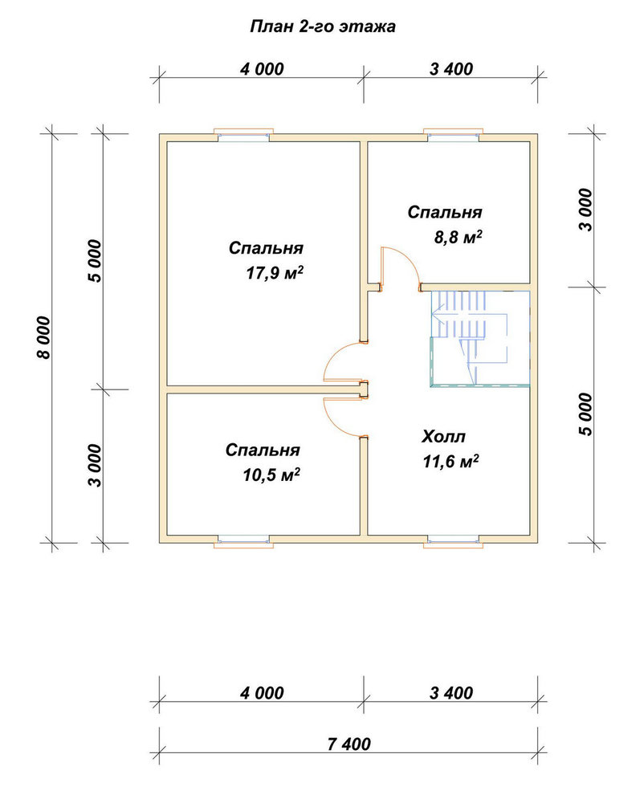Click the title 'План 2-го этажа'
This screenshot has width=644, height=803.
323,26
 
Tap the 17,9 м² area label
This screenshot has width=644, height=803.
275,273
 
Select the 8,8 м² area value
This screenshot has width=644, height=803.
459,238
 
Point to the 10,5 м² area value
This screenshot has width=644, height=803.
271,475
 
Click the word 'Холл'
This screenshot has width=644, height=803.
444,437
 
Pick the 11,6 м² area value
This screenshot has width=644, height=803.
451,462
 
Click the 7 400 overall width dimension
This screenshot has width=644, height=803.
348,744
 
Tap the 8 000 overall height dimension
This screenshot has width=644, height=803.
44,337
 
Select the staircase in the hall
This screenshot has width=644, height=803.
479,338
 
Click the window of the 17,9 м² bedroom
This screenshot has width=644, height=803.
243,134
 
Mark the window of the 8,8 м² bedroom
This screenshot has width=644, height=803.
454,134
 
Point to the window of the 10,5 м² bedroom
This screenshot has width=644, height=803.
243,542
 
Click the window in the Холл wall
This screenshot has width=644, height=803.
454,542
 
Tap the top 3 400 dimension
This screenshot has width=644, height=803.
451,68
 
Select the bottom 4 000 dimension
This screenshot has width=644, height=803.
262,693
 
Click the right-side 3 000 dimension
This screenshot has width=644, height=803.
585,210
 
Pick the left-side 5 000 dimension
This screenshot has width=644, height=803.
96,261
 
